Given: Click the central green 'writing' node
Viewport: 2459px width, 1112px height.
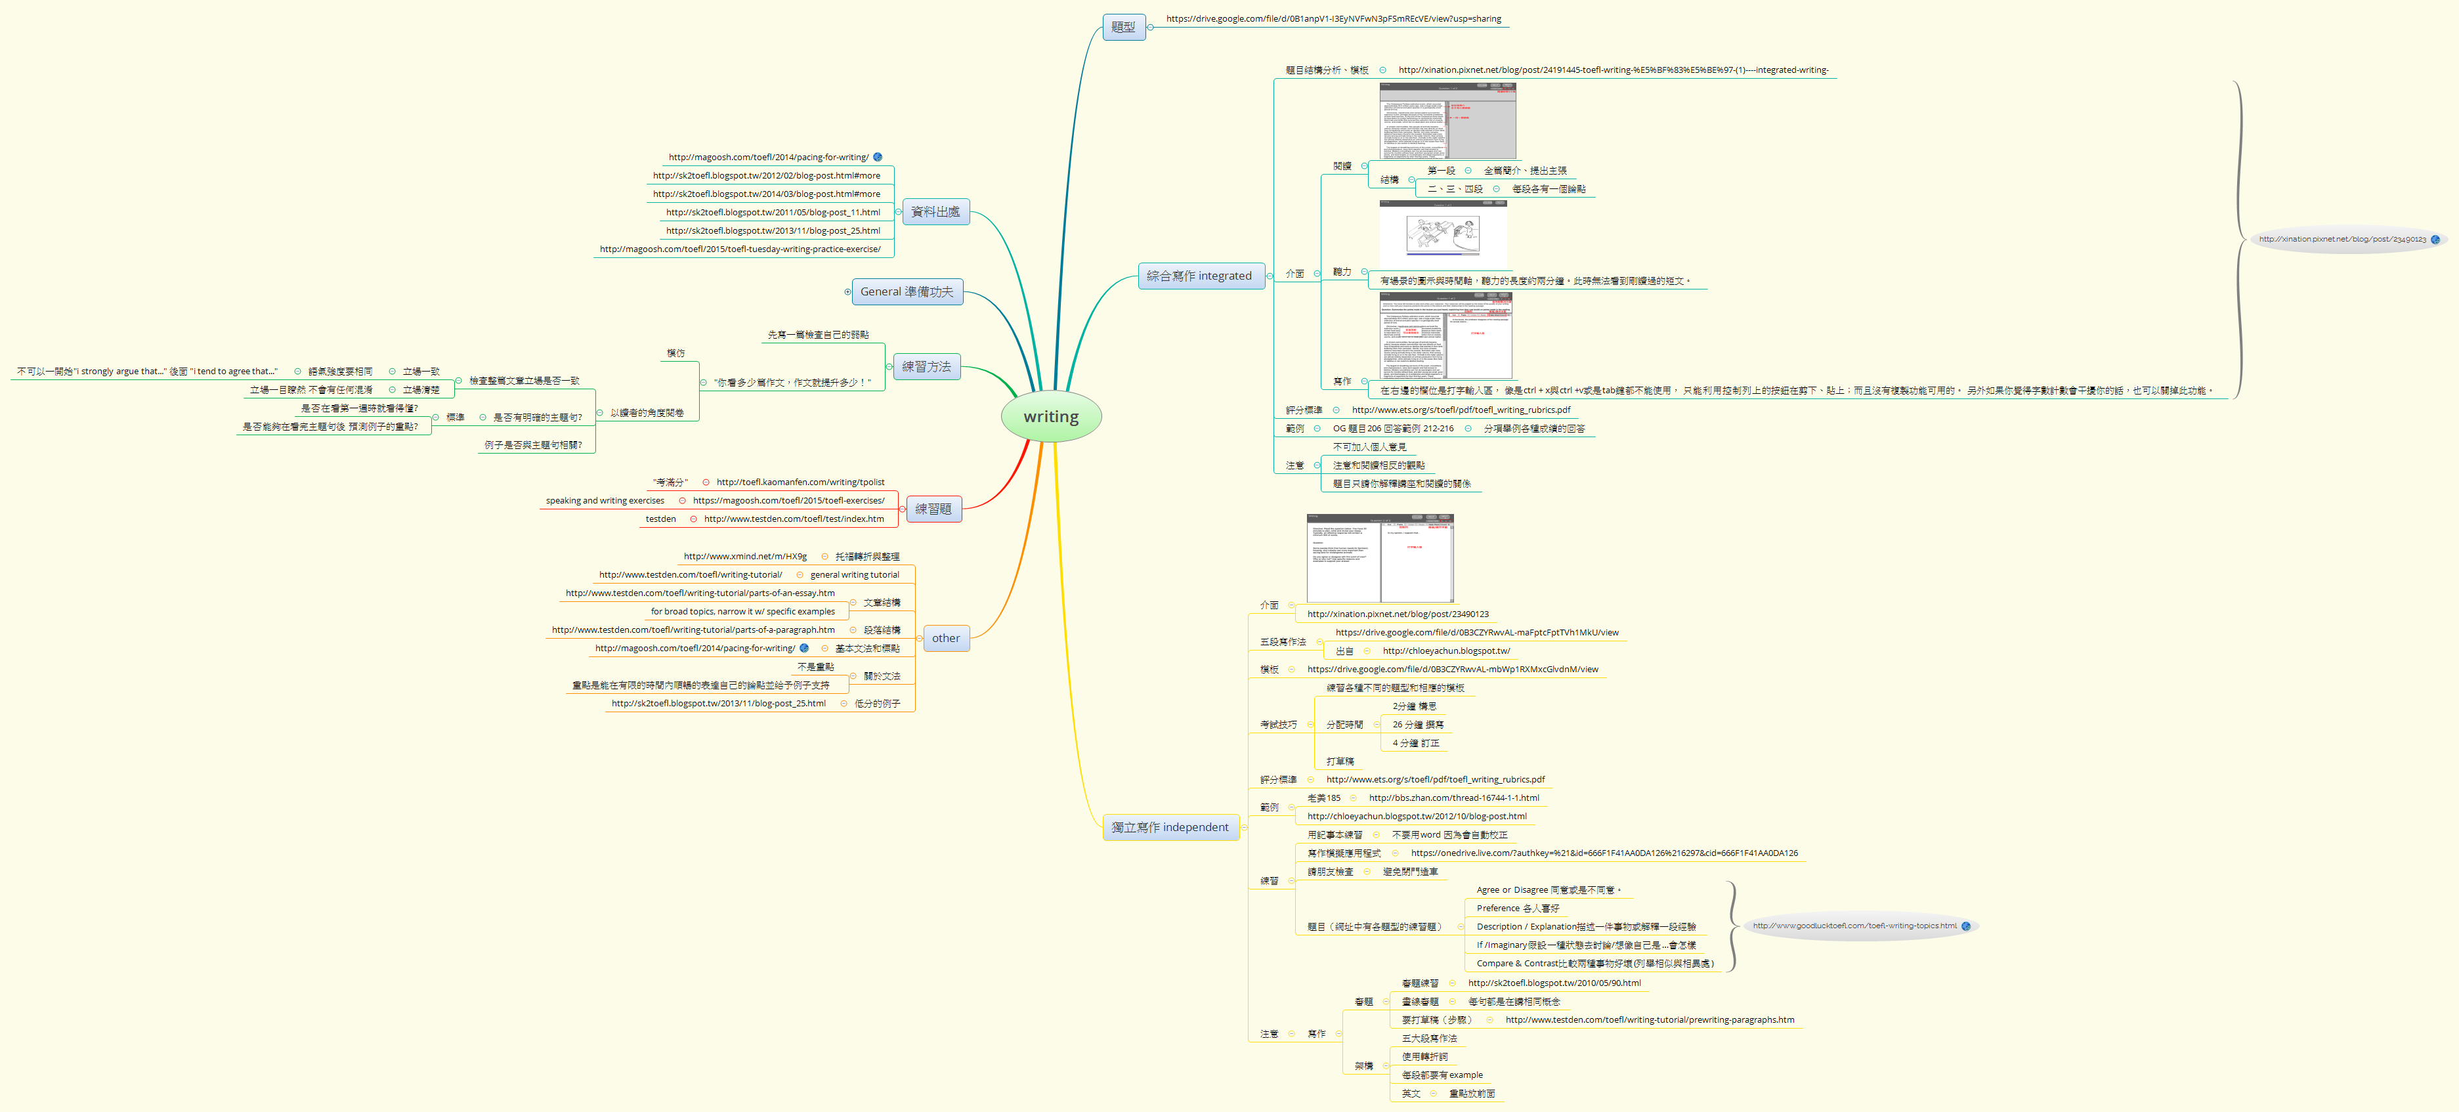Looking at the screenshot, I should pos(1051,417).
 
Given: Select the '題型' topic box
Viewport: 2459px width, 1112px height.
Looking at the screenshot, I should pos(1124,27).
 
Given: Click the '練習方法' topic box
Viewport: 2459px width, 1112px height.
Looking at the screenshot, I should pos(926,366).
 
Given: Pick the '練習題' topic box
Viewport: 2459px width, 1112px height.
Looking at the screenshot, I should pos(933,509).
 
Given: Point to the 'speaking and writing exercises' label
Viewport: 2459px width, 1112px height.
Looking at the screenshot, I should pos(605,501).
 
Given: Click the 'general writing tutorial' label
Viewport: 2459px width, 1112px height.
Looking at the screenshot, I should pos(855,574).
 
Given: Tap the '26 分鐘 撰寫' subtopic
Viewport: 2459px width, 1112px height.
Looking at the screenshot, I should pos(1417,725).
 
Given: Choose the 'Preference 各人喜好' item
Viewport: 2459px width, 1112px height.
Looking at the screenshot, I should pos(1517,909).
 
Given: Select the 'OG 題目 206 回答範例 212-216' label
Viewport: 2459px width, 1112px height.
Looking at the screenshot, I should pos(1393,429).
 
